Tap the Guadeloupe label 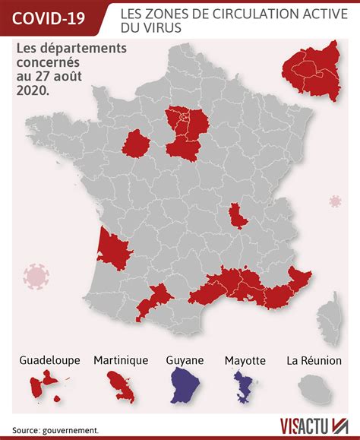click(49, 360)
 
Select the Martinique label click(121, 360)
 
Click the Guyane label click(185, 360)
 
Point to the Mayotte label click(245, 360)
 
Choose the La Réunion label click(313, 360)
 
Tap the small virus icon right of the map click(334, 201)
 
